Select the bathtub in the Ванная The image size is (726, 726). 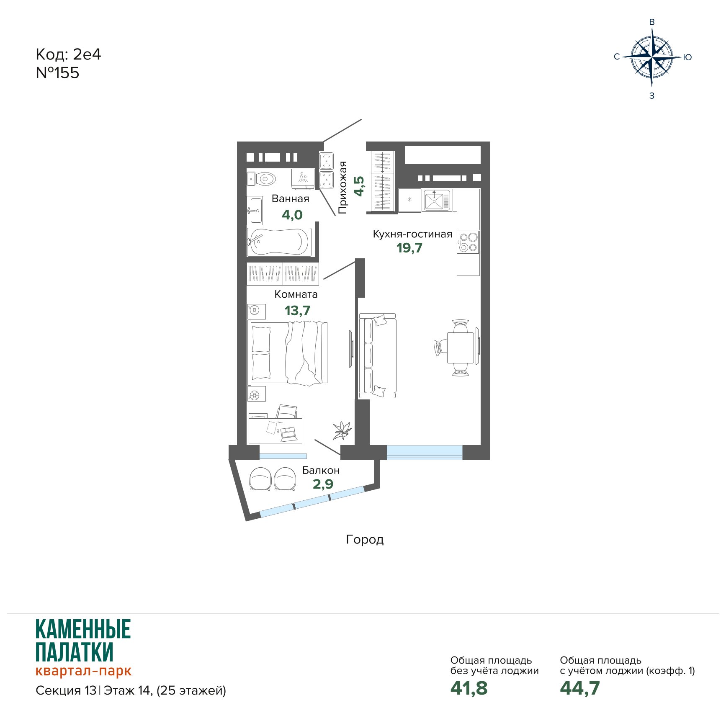279,242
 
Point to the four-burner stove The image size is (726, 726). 468,242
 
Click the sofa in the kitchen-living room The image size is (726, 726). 377,355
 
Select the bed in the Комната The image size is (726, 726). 288,353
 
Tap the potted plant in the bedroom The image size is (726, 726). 342,430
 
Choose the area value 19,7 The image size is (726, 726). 409,248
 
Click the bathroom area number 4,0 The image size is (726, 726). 292,215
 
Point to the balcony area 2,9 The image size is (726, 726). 323,484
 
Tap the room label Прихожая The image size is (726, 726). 343,188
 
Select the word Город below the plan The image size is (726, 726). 365,540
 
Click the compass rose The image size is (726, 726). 652,57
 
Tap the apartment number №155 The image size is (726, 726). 57,73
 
